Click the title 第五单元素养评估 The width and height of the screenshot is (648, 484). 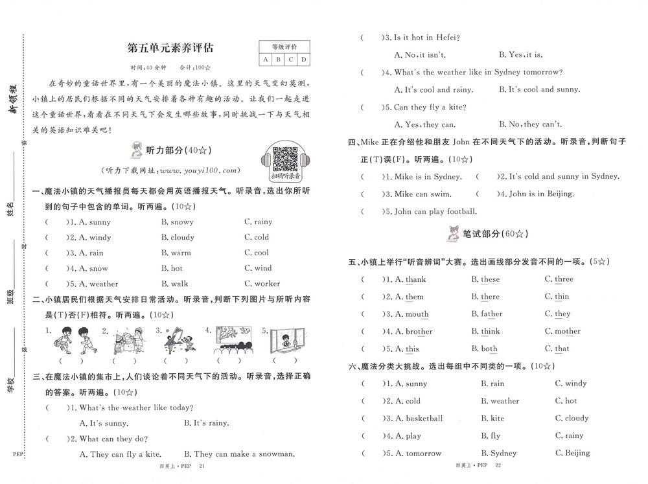point(170,47)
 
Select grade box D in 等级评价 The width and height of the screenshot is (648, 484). point(303,60)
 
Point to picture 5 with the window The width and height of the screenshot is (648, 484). point(284,340)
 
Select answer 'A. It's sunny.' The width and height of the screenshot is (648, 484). point(103,423)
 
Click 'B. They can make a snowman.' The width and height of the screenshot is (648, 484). point(239,454)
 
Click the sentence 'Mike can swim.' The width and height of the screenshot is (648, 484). point(422,194)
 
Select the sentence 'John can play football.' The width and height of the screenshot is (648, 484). point(435,211)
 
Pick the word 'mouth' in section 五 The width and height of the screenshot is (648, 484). point(416,314)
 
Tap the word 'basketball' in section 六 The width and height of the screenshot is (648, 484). point(424,419)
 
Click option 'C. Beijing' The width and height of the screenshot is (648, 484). point(572,453)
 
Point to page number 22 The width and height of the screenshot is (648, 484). point(498,466)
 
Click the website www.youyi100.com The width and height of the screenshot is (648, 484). point(198,170)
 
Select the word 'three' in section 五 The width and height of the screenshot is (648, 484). point(563,279)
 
